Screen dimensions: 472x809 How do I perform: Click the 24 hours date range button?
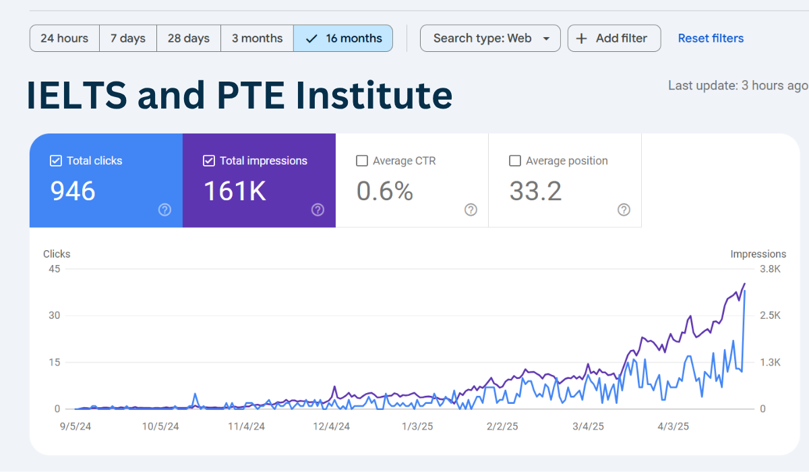64,38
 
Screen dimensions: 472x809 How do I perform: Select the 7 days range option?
128,38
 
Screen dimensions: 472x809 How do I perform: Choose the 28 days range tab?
189,38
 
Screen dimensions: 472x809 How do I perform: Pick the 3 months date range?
257,38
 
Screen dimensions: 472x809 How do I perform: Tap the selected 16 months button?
343,38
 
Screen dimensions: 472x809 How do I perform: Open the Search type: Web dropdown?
490,38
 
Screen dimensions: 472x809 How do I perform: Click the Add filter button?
614,38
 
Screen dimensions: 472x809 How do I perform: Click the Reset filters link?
711,38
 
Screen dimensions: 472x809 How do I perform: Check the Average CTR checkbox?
362,161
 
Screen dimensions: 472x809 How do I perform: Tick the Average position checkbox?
515,161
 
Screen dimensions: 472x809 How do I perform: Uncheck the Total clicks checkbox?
56,161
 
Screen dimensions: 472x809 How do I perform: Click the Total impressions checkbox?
209,161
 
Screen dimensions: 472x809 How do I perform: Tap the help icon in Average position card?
624,210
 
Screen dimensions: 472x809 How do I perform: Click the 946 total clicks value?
73,191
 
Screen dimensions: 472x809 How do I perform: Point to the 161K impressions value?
235,191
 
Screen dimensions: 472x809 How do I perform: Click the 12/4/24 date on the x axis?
332,426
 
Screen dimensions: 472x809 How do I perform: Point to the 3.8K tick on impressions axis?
769,269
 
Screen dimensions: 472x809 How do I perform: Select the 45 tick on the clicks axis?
54,269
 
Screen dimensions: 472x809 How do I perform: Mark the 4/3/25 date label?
673,426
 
